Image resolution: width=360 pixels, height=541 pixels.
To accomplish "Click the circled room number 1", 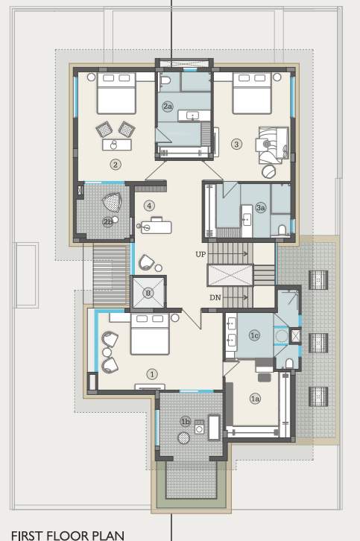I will pos(152,374).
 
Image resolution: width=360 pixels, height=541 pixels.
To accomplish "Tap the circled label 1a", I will pos(255,399).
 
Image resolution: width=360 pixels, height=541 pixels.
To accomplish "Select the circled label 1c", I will pos(254,336).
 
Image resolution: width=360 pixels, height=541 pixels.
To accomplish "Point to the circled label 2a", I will pos(168,107).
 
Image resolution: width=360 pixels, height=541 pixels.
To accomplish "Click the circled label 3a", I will pos(260,208).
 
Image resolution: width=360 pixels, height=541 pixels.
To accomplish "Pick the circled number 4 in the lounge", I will pos(149,206).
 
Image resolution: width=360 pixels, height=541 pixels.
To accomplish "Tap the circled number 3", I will pos(236,144).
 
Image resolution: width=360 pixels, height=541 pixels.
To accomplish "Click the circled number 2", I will pos(115,164).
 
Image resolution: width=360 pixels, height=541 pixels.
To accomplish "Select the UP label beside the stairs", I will pos(200,255).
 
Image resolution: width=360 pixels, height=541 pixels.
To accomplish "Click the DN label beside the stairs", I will pos(215,297).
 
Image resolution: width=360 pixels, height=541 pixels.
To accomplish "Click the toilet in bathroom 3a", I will pos(281,229).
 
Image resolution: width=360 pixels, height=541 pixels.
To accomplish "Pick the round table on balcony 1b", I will pos(184,438).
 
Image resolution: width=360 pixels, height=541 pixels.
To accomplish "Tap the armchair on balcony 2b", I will pos(112,203).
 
